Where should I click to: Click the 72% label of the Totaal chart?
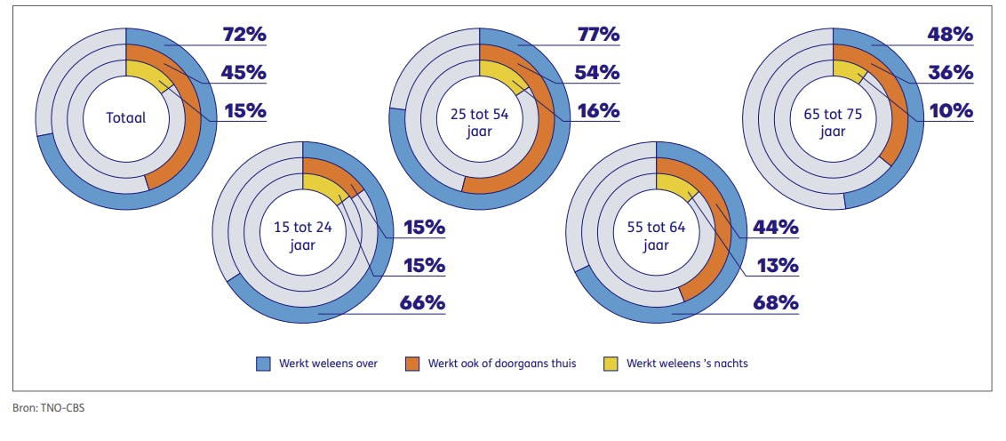(244, 36)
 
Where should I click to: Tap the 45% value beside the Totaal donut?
(244, 73)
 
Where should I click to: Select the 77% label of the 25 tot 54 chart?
(597, 36)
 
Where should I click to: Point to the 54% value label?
(597, 73)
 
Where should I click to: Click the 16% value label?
(597, 110)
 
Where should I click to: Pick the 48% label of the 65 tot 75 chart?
(951, 36)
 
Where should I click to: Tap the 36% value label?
(951, 73)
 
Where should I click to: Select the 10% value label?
(951, 110)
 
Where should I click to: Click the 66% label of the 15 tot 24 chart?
(422, 302)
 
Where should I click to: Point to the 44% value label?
(776, 228)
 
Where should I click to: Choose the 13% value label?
(776, 265)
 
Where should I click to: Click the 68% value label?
(776, 302)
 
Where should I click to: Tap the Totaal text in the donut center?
(126, 117)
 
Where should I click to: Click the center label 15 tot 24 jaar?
(302, 236)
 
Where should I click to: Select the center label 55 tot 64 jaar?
(656, 236)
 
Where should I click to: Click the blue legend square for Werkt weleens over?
(263, 363)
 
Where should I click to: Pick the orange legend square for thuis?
(412, 363)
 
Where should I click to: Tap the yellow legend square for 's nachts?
(611, 363)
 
